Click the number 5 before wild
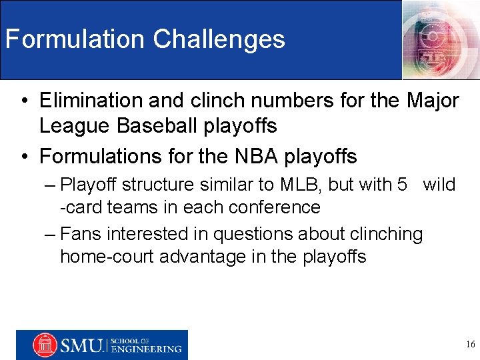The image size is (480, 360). click(x=402, y=185)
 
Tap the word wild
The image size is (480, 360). click(x=439, y=185)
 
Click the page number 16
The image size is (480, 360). click(x=470, y=345)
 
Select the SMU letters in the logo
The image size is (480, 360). click(x=81, y=345)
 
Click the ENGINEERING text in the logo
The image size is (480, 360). click(x=147, y=349)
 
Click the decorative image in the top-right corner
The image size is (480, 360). click(x=441, y=39)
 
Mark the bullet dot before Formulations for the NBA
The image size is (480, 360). click(x=23, y=157)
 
